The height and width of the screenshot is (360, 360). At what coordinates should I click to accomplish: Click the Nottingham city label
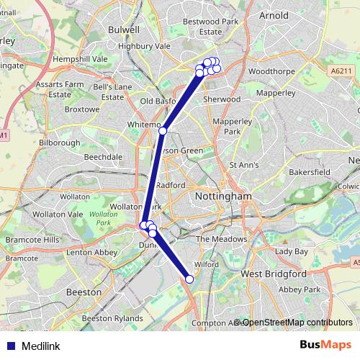point(224,196)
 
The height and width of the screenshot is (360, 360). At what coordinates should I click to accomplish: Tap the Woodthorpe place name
point(268,72)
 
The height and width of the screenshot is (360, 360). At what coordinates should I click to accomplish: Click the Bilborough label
point(60,143)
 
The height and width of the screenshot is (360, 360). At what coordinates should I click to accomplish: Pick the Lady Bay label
point(291,252)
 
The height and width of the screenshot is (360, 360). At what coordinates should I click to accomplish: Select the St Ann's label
point(243,165)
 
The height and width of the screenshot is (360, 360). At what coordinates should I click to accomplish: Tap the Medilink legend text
point(42,345)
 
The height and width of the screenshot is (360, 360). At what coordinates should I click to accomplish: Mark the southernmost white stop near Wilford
point(190,279)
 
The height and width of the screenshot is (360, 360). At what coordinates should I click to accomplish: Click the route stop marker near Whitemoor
point(163,131)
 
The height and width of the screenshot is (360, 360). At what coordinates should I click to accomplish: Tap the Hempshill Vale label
point(81,59)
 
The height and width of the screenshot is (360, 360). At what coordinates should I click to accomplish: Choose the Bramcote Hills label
point(30,239)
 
